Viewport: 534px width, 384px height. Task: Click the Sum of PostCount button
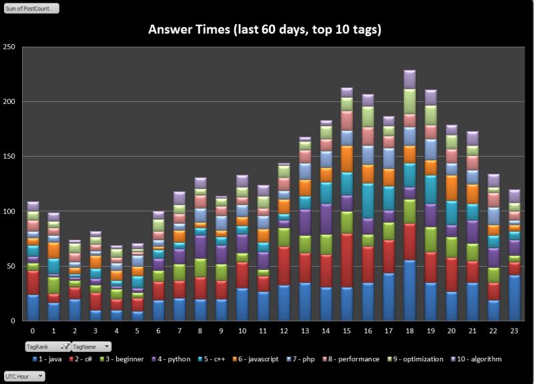[31, 9]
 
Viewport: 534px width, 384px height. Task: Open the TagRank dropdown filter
[47, 347]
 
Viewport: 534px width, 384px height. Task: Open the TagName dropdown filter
[91, 347]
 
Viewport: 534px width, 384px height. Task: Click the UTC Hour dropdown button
[25, 376]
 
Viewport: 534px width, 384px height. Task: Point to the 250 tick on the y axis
[10, 47]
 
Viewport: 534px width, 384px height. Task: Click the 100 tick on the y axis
[10, 211]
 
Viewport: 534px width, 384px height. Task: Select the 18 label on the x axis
[409, 329]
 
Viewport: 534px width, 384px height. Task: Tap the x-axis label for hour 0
[32, 329]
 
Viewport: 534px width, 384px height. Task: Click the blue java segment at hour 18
[409, 291]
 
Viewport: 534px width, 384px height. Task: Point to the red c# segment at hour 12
[284, 265]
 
